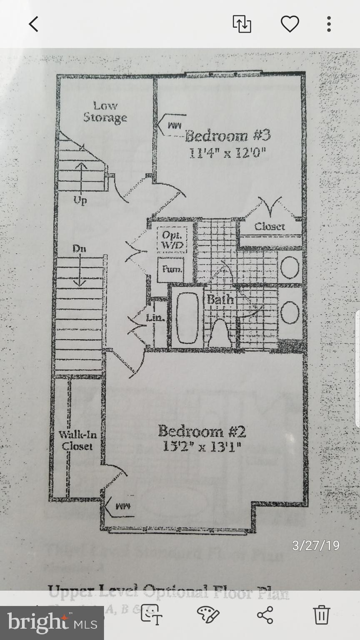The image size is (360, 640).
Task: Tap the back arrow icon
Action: (33, 24)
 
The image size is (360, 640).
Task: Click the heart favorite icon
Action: (290, 24)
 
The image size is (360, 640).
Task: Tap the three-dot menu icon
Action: (329, 24)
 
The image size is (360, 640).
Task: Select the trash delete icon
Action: (321, 615)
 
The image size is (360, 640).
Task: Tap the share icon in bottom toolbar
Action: (265, 615)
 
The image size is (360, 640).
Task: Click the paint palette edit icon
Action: (207, 615)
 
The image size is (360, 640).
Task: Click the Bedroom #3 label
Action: (228, 136)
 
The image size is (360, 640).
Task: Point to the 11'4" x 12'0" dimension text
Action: (227, 153)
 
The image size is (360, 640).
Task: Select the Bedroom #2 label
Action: (202, 430)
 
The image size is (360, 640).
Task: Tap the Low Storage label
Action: (105, 112)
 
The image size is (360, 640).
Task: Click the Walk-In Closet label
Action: (77, 440)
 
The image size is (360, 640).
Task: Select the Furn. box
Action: (170, 269)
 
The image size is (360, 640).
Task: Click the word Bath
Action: (220, 299)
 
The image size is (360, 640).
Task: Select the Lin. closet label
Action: (155, 318)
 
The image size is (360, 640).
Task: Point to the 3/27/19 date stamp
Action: (315, 545)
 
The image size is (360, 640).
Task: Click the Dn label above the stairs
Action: (79, 249)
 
